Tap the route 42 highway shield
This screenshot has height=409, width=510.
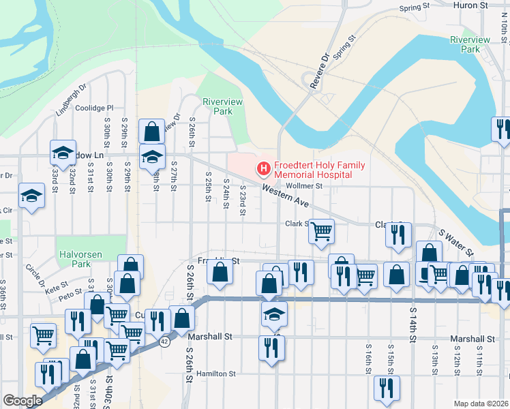164,342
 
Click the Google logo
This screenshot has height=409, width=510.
22,401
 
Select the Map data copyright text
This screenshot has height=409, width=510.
481,404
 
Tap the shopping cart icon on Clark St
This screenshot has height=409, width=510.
320,230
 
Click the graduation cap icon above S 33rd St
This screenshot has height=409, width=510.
62,153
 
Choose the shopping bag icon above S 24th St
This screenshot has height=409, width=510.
220,273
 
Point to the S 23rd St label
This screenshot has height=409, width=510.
242,200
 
